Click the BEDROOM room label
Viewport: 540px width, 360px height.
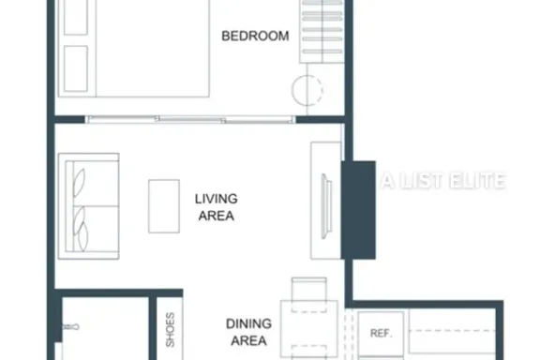255,36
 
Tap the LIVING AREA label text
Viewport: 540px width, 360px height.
217,207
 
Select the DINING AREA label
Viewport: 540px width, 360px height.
248,332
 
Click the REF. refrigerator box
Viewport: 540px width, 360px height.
381,333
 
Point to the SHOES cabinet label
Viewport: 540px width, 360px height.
170,329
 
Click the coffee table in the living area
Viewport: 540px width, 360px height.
164,206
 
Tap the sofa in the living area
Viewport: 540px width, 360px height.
89,206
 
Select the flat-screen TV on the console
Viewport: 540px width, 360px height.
326,206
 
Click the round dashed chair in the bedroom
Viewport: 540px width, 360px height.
307,90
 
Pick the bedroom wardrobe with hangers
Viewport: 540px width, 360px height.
322,31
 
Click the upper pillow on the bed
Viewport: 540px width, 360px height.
76,17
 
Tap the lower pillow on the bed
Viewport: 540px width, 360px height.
76,68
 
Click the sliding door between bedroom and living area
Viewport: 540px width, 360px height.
190,119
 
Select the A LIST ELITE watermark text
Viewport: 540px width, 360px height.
443,181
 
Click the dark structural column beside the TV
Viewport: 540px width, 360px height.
358,210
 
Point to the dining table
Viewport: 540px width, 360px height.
309,330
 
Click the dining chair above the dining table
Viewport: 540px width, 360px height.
309,294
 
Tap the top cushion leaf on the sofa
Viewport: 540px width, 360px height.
79,183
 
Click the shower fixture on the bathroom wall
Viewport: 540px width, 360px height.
71,326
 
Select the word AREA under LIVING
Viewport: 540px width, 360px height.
217,216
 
